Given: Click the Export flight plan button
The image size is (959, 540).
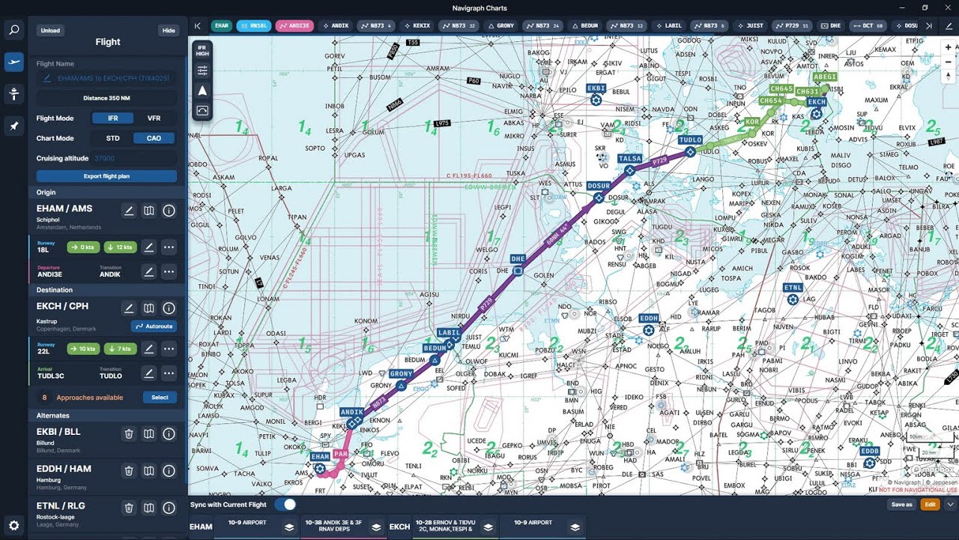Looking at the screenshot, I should [106, 176].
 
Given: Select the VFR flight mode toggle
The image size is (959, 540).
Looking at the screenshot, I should [154, 118].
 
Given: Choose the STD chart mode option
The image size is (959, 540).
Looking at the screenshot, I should [112, 138].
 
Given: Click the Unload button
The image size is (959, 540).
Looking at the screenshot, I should [50, 31].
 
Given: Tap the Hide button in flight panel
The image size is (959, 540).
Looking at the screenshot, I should [169, 31].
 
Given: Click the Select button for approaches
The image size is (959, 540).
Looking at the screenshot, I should [160, 397].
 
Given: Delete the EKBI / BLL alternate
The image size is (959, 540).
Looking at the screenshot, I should [129, 433].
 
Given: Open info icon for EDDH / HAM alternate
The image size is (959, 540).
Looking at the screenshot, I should [169, 471].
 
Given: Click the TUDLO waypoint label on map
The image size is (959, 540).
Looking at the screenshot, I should [690, 140].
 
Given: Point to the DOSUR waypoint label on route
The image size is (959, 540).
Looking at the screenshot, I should [599, 186].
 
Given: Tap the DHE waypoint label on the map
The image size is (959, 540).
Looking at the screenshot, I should [518, 259].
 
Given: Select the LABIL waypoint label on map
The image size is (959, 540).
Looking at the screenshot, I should [450, 333].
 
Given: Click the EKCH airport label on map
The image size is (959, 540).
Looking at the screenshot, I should [817, 102].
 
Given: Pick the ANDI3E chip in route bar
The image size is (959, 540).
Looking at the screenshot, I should [294, 25].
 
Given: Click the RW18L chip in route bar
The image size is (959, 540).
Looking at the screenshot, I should [253, 25].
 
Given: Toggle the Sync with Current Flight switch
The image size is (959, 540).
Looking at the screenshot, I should [285, 505].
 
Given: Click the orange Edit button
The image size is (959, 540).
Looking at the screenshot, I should [930, 505].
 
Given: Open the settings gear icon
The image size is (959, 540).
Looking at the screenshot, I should [13, 525].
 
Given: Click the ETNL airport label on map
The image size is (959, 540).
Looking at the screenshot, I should [793, 288].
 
